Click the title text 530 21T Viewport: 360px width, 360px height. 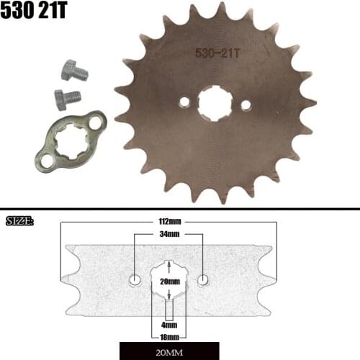[37, 14]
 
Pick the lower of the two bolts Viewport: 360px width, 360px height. [67, 97]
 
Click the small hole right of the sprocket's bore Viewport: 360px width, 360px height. [245, 106]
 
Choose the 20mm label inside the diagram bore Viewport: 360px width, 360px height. [169, 281]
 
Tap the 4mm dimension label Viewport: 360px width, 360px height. [169, 325]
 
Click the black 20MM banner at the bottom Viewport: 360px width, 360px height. [169, 352]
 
